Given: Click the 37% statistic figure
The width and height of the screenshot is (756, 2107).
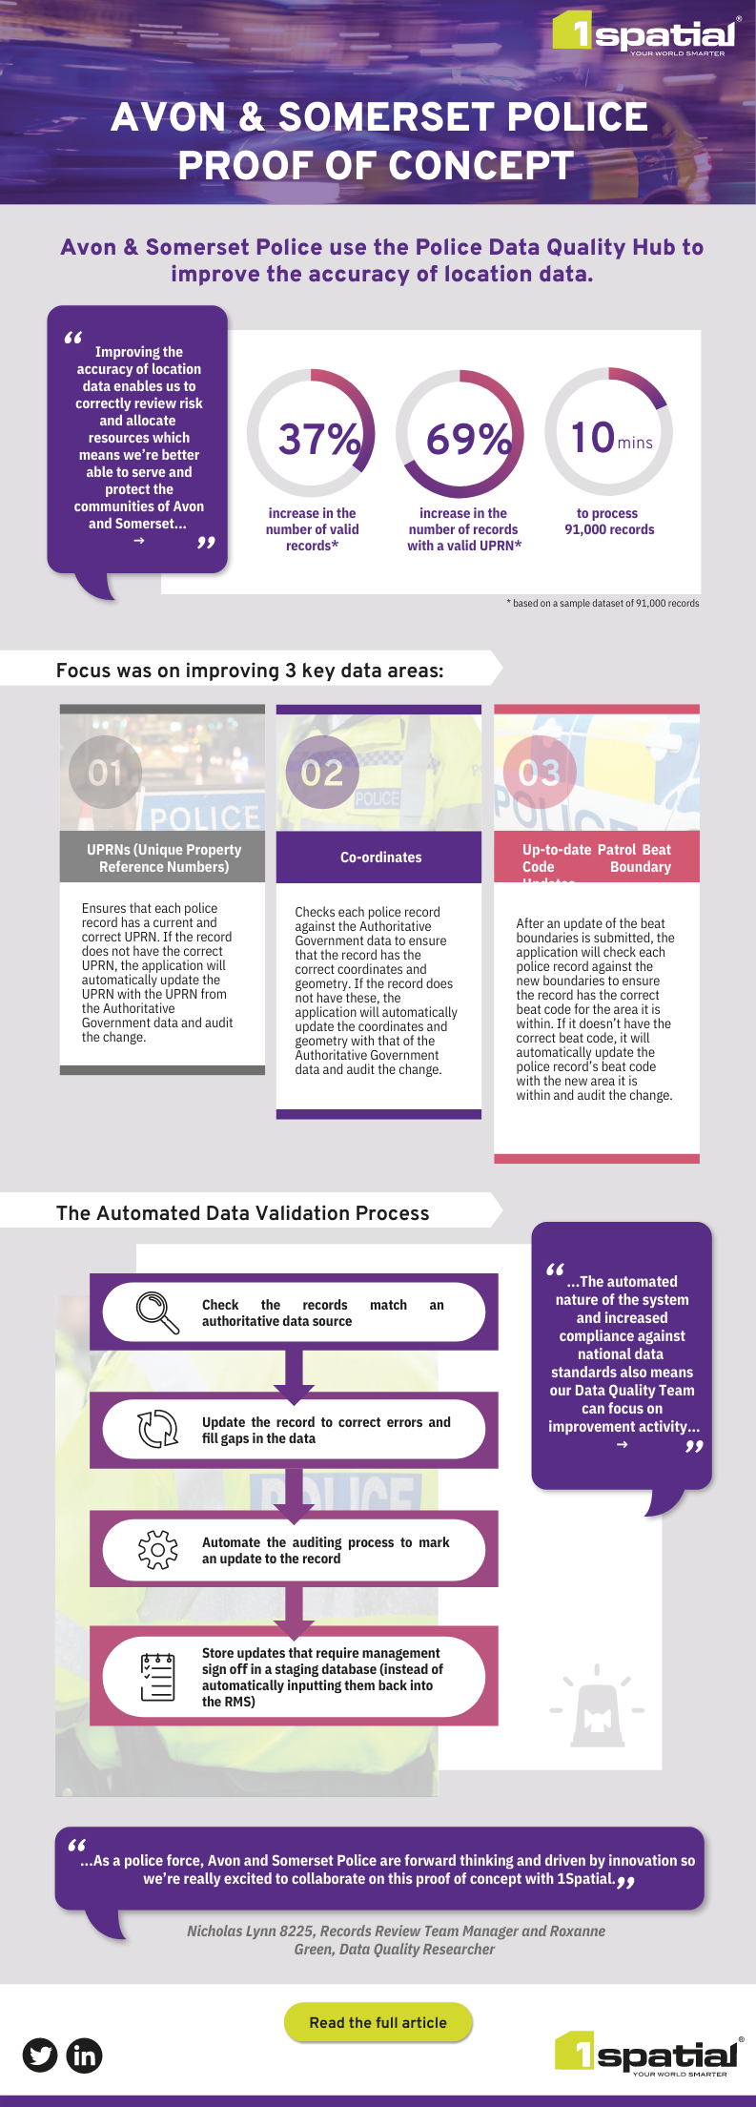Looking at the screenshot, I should click(x=318, y=439).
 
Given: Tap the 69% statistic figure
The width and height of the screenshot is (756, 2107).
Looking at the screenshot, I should click(x=467, y=439).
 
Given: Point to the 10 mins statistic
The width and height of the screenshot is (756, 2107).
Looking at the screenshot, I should click(x=610, y=438).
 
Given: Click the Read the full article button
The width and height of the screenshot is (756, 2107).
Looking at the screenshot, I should click(x=378, y=2022).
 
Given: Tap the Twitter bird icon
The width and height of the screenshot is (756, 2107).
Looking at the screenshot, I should click(x=40, y=2055).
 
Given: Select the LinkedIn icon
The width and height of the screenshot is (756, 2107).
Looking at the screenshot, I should click(x=84, y=2055).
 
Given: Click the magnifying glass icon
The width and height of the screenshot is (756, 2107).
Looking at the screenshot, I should click(x=157, y=1312).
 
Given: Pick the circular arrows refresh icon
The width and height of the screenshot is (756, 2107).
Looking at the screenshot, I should click(x=157, y=1429).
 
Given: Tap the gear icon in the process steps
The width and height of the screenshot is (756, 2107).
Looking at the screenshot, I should click(x=157, y=1549).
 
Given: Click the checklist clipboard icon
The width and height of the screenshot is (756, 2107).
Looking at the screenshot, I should click(x=157, y=1677).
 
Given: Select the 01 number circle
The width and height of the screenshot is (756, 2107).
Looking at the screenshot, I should click(x=105, y=772).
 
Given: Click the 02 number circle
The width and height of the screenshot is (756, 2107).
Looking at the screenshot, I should click(x=322, y=772).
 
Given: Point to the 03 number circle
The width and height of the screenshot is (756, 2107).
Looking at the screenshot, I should click(x=540, y=772).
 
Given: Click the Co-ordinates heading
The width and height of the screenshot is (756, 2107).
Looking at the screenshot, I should click(x=380, y=857).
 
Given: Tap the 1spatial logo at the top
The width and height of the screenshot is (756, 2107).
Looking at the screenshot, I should click(x=645, y=34).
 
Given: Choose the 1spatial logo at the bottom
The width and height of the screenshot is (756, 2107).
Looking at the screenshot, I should click(x=647, y=2054).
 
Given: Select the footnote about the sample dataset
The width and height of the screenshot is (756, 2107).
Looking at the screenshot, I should click(x=603, y=603).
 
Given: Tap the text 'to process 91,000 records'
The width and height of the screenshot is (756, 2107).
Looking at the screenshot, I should click(x=609, y=521).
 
